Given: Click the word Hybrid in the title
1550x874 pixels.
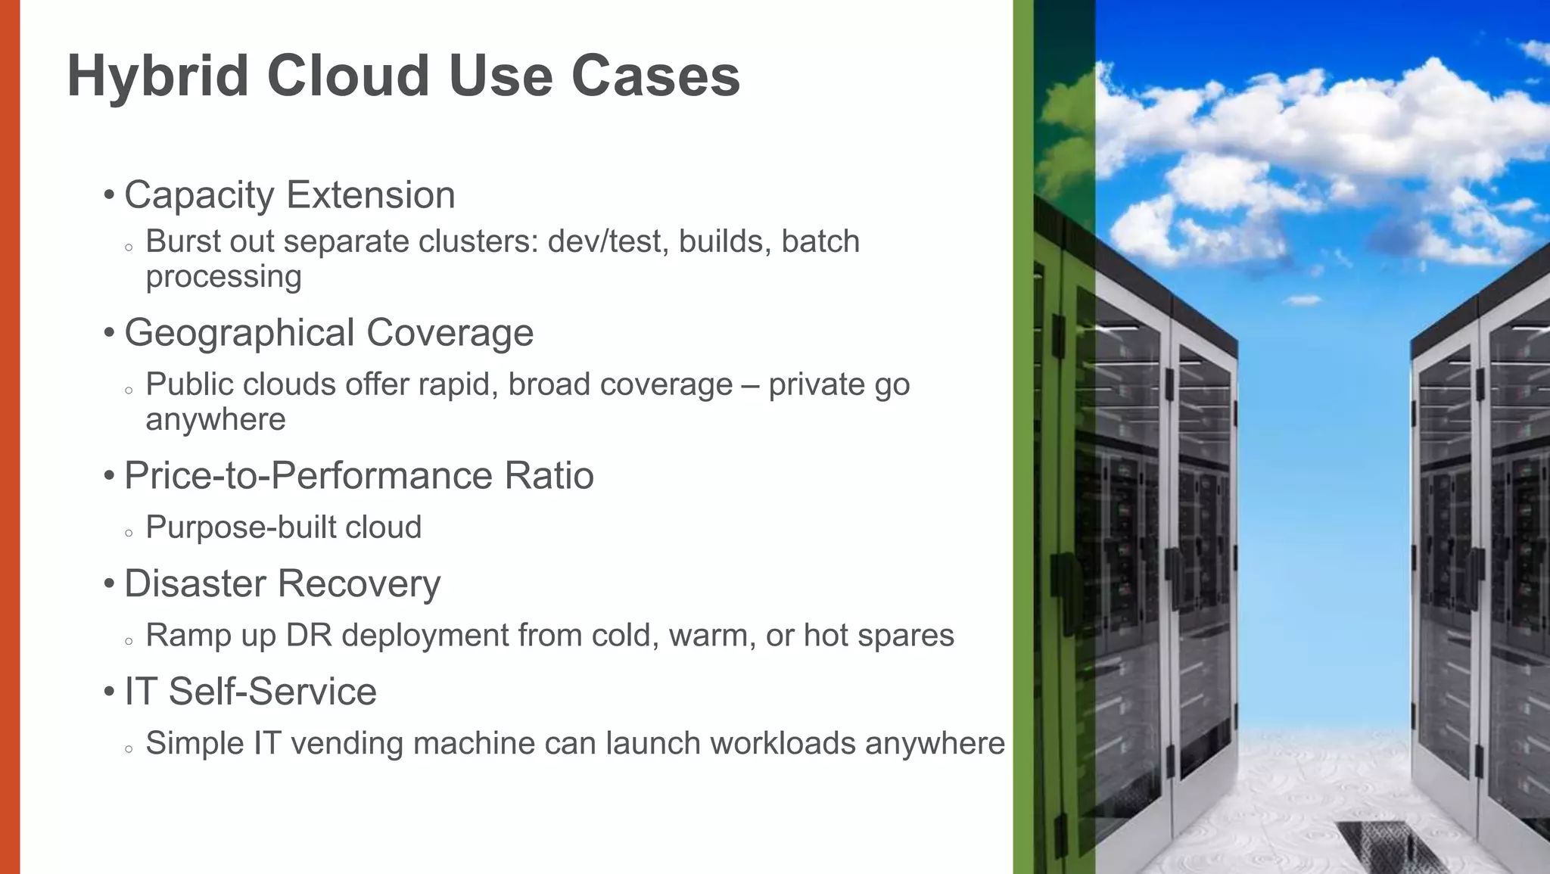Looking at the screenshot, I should (x=157, y=76).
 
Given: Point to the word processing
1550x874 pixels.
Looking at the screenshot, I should (x=223, y=277).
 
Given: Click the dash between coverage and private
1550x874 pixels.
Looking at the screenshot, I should (x=751, y=385).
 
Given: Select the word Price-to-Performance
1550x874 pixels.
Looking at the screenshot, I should (x=308, y=476).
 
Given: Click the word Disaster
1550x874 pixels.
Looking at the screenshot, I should (x=195, y=583).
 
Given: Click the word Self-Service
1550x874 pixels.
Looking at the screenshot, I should (x=272, y=692).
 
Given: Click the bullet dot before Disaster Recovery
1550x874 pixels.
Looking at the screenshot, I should (x=110, y=583).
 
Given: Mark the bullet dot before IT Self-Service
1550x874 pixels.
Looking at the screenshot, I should (x=110, y=692).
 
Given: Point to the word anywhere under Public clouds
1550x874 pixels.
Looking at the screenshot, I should (x=216, y=420).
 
